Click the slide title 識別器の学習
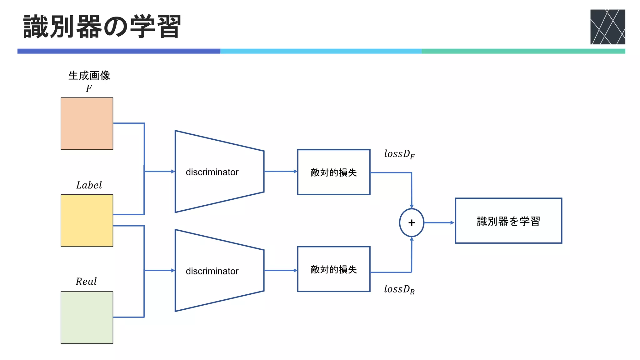tap(102, 27)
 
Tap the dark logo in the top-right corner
tap(607, 27)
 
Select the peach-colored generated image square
tap(87, 124)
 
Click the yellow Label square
tap(87, 221)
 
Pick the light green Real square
tap(87, 317)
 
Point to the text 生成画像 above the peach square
tap(89, 76)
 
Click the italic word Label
tap(89, 185)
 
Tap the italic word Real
tap(86, 281)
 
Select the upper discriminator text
tap(212, 172)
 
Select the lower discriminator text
tap(212, 271)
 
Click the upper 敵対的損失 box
tap(334, 172)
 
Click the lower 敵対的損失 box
tap(334, 269)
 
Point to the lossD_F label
tap(399, 154)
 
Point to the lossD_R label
tap(399, 289)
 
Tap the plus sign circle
tap(412, 222)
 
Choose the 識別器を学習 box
tap(508, 221)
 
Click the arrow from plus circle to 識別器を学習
tap(439, 222)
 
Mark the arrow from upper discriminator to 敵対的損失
tap(280, 171)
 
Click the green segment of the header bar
tap(523, 51)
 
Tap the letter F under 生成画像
tap(89, 88)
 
